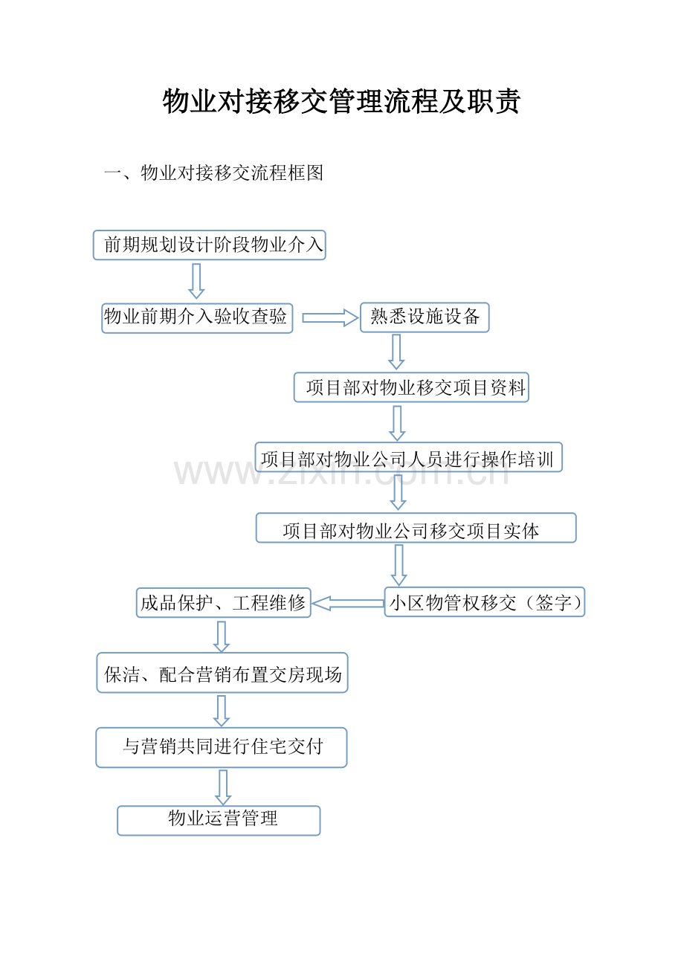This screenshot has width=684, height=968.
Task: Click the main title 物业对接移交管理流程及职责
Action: click(x=341, y=101)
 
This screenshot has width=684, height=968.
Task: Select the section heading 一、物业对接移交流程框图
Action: click(x=213, y=172)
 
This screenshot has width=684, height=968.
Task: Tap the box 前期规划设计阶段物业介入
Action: click(x=210, y=245)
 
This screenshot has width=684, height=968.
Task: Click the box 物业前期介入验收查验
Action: click(x=197, y=318)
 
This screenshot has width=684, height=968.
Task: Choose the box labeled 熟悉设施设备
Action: click(x=425, y=317)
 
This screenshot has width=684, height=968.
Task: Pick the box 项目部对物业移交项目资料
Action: click(x=411, y=387)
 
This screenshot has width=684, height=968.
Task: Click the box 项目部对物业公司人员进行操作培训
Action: click(x=408, y=456)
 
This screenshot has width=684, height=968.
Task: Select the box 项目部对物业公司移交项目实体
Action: click(x=416, y=528)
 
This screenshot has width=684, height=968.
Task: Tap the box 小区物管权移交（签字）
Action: click(x=484, y=601)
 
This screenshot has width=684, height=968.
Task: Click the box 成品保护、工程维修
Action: click(x=223, y=602)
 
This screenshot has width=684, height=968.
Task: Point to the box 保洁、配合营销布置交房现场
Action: click(x=222, y=672)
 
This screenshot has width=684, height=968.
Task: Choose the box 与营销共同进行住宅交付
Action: click(x=222, y=747)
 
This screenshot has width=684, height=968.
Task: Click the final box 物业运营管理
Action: click(x=219, y=820)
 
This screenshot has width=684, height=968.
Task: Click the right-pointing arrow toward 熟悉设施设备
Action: click(x=330, y=317)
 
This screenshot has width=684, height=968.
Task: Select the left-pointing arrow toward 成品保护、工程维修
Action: click(x=347, y=603)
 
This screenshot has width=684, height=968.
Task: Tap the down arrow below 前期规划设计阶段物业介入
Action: click(x=196, y=281)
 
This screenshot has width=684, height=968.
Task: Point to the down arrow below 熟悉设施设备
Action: click(x=396, y=352)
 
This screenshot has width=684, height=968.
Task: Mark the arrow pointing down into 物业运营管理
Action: click(x=223, y=787)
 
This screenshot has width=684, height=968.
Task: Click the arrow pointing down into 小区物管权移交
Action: click(x=399, y=565)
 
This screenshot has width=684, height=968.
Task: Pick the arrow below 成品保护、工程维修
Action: click(x=222, y=637)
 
